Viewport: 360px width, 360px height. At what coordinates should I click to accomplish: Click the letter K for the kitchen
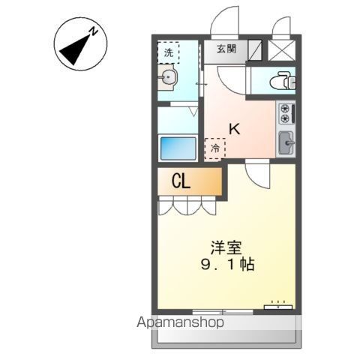(234, 128)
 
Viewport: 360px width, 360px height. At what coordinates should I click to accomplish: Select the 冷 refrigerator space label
(215, 148)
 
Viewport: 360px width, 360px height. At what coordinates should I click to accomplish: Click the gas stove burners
(286, 113)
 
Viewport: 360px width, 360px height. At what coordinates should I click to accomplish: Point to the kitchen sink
(286, 141)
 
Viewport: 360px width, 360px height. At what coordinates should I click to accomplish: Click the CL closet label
(181, 182)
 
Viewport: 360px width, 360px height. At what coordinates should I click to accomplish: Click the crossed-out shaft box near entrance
(281, 49)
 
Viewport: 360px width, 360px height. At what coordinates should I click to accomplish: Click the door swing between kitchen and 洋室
(258, 177)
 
